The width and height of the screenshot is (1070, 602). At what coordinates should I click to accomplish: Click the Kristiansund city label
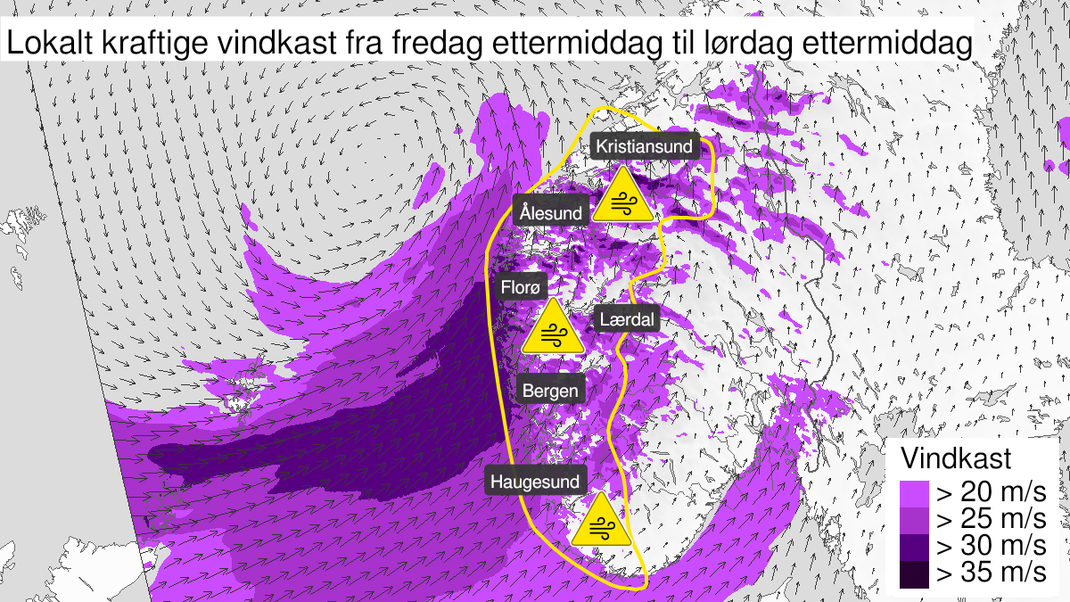[644, 145]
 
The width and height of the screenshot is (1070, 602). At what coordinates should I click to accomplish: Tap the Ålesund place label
[553, 213]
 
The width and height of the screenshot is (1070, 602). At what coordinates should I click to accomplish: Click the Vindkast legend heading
[956, 459]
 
